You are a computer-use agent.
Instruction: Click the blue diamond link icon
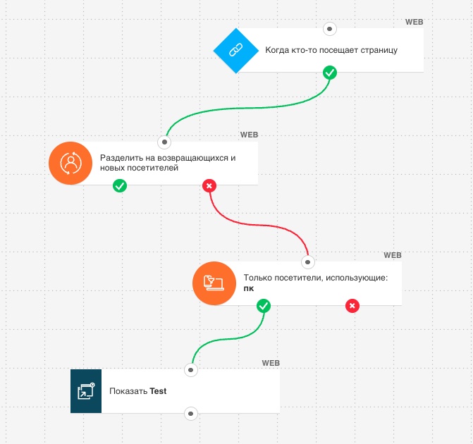coord(236,50)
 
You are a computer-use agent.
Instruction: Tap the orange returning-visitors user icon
coord(70,164)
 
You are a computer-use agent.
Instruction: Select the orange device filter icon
coord(214,283)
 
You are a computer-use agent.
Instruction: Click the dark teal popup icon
coord(86,391)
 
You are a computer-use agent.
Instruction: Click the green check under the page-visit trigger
coord(330,73)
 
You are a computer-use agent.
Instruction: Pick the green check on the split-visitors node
coord(120,185)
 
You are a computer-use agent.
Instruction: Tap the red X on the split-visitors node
coord(209,185)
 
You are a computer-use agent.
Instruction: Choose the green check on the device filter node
coord(264,306)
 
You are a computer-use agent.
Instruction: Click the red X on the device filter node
coord(352,306)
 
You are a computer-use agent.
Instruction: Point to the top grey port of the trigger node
coord(330,29)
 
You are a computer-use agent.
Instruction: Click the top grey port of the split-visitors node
coord(164,142)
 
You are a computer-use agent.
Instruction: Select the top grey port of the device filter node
coord(307,261)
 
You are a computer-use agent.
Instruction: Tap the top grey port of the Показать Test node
coord(190,370)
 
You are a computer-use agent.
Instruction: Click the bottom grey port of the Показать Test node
coord(190,414)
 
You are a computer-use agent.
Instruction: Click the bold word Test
coord(158,391)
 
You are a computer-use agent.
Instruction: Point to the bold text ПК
coord(249,289)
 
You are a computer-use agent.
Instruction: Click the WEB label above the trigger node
coord(414,22)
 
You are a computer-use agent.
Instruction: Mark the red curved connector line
coord(259,225)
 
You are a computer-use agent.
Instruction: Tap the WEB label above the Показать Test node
coord(271,363)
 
